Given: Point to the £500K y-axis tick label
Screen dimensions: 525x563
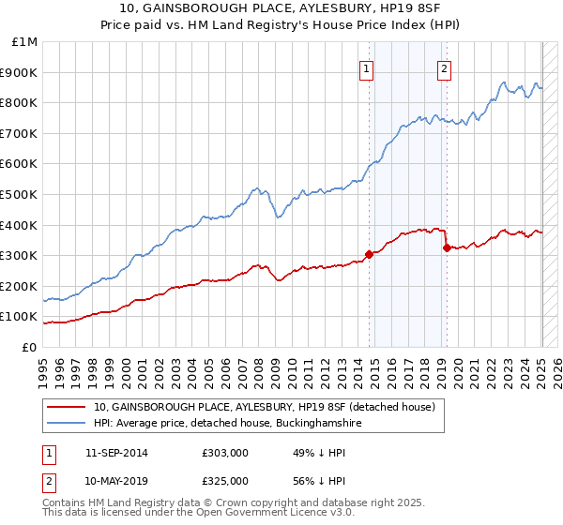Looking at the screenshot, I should tap(22, 194).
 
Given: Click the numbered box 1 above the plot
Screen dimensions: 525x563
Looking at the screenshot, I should tap(365, 67).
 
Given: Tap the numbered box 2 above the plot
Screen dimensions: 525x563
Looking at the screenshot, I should tap(443, 67).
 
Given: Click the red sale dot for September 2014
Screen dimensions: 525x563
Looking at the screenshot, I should tap(370, 254).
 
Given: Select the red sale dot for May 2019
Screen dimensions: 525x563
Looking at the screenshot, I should tap(447, 247).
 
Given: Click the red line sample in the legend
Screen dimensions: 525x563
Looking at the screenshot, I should tap(67, 408).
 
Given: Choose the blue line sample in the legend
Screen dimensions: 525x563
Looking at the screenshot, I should tap(67, 424).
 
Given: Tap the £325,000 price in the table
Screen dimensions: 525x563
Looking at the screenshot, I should tap(225, 480).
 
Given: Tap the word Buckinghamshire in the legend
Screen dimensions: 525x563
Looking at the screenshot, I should tap(308, 424).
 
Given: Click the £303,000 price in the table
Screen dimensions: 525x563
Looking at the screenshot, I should tap(225, 454).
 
